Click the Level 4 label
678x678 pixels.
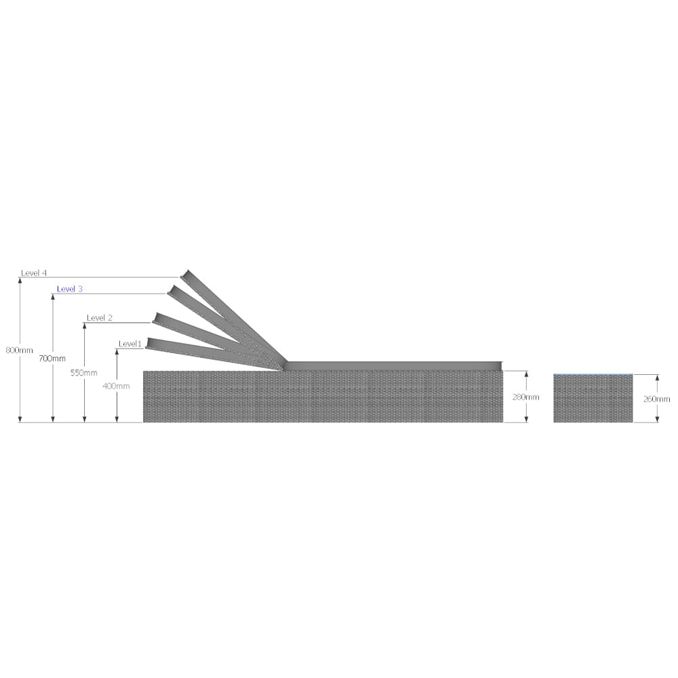coord(34,273)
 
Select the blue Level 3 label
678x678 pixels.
coord(70,289)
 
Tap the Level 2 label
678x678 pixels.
coord(100,318)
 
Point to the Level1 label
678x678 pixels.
coord(130,344)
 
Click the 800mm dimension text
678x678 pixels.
coord(19,351)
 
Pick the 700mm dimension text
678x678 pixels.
coord(53,358)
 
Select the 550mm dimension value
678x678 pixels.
coord(84,373)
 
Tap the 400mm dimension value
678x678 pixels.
coord(117,386)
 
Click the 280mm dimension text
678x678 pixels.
coord(526,397)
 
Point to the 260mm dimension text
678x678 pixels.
coord(656,399)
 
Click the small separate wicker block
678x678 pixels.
coord(593,400)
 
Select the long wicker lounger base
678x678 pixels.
coord(323,397)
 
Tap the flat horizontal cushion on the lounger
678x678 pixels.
coord(393,366)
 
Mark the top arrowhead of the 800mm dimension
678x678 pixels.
coord(20,280)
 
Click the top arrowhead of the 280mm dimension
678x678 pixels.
coord(526,374)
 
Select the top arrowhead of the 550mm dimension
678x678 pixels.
coord(84,325)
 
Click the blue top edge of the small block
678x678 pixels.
coord(593,375)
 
